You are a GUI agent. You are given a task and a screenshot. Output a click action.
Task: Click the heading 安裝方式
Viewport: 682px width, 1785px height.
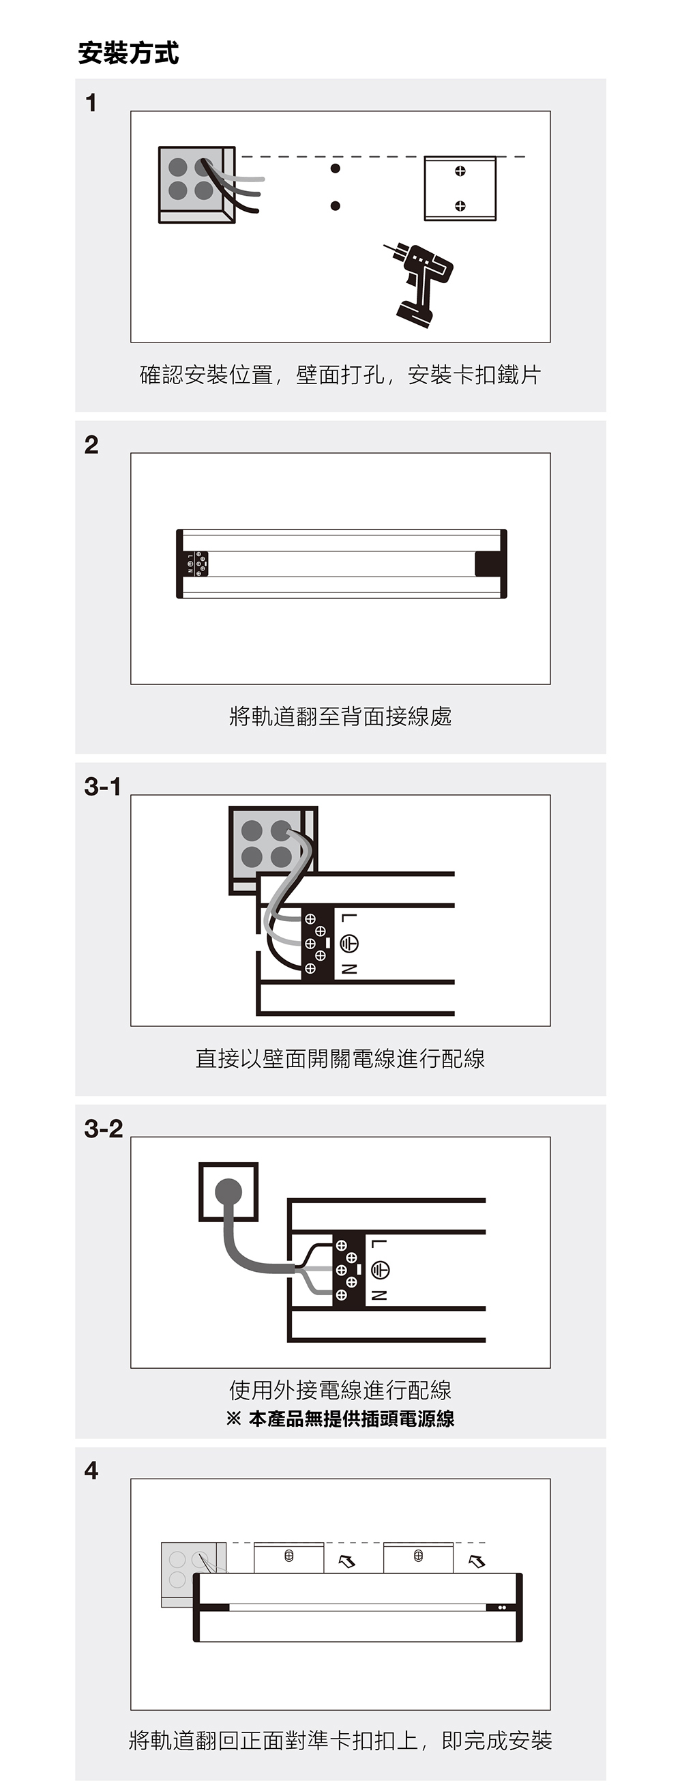(128, 53)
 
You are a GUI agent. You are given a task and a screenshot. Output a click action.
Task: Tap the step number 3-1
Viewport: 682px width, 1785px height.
(102, 787)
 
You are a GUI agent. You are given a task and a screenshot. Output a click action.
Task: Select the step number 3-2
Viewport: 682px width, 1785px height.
(103, 1129)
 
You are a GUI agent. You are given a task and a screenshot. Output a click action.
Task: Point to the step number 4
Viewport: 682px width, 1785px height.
(91, 1470)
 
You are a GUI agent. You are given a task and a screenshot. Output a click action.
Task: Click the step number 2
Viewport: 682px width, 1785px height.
(91, 445)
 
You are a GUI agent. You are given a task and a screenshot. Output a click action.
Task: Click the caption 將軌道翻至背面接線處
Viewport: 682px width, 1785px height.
(340, 716)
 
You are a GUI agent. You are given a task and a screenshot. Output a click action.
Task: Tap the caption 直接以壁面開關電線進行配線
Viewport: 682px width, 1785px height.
(340, 1058)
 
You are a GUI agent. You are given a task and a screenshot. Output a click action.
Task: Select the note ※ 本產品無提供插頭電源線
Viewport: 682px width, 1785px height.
(340, 1419)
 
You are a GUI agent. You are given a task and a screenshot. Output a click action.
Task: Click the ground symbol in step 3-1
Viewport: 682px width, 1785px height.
(349, 943)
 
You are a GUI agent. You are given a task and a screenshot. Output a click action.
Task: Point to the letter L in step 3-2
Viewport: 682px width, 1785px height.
(379, 1243)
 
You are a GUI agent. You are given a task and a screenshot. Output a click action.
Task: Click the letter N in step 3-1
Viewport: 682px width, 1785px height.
(349, 969)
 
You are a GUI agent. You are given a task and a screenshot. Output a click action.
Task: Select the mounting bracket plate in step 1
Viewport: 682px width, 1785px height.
(460, 188)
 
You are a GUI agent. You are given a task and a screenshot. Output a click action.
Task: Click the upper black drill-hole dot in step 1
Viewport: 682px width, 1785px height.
(336, 169)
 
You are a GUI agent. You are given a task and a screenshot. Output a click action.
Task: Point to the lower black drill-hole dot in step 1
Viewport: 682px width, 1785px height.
(336, 206)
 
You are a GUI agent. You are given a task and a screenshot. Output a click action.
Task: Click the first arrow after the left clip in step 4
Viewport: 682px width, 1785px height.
(346, 1561)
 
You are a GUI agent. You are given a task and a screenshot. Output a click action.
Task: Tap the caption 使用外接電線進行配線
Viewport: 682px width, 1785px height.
(340, 1389)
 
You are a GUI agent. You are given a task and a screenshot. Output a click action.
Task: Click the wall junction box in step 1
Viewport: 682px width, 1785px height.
(196, 184)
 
